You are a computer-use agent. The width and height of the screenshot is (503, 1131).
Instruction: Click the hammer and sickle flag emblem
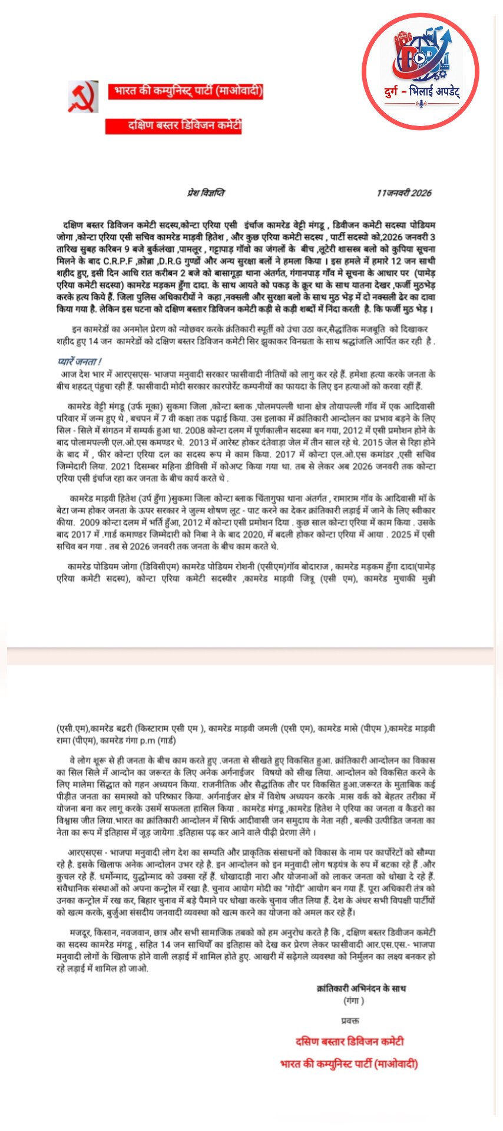[x=82, y=97]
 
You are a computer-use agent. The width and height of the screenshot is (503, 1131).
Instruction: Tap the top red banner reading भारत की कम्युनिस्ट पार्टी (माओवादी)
[x=186, y=91]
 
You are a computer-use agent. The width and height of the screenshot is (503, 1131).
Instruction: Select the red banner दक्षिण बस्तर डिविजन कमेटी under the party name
[x=174, y=125]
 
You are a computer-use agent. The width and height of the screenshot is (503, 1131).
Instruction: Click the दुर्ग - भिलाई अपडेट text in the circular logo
[x=421, y=92]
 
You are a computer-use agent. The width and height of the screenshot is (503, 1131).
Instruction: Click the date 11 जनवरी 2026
[x=404, y=193]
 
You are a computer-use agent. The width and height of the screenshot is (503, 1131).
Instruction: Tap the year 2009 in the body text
[x=90, y=522]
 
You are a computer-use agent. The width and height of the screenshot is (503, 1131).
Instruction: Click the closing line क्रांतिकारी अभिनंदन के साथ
[x=361, y=988]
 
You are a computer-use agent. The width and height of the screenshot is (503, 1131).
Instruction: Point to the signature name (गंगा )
[x=353, y=1000]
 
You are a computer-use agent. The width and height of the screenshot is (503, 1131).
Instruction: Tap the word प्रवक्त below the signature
[x=350, y=1020]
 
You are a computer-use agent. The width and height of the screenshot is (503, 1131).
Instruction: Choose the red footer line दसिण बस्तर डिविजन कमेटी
[x=349, y=1041]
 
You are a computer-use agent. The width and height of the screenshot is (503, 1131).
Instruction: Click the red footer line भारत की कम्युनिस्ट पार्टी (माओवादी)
[x=349, y=1064]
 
